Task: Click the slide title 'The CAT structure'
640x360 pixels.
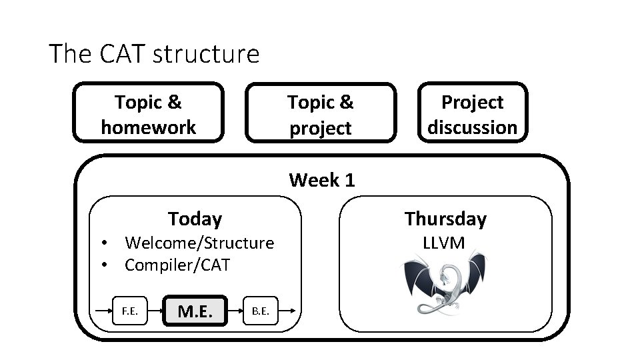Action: point(154,53)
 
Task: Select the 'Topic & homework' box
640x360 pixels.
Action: point(148,113)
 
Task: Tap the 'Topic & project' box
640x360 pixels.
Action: point(320,114)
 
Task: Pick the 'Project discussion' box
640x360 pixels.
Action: point(472,114)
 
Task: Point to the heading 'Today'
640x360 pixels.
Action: point(195,219)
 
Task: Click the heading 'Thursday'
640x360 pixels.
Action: point(445,219)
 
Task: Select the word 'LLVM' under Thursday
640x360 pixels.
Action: point(444,243)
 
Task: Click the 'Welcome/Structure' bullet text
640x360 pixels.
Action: point(199,243)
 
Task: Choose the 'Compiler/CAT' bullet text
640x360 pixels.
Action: point(177,265)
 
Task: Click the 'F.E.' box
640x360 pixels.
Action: point(130,310)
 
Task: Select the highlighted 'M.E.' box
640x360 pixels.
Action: point(195,311)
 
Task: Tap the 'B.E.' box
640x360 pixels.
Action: point(261,310)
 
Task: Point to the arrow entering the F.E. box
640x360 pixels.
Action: point(103,311)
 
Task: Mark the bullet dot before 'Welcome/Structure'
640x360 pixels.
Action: point(105,243)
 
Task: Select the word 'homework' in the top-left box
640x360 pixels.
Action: point(148,127)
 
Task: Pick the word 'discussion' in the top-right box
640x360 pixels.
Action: point(472,127)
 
